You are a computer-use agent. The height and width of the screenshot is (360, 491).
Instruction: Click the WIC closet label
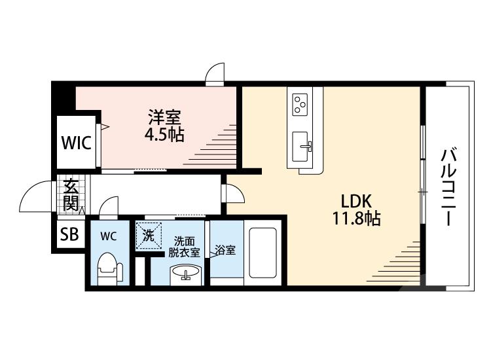(77, 143)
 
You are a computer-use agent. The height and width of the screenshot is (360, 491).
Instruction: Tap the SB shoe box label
(69, 234)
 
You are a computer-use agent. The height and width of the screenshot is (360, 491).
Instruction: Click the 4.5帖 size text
(164, 135)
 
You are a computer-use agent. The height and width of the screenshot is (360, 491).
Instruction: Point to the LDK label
(356, 202)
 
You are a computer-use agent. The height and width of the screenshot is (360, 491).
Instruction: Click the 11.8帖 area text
(356, 219)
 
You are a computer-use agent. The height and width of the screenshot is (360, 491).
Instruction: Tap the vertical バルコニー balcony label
(448, 187)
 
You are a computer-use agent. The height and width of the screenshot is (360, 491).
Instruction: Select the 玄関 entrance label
(71, 195)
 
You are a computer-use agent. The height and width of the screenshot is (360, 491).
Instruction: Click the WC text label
(109, 236)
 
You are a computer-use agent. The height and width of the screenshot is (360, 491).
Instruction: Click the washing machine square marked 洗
(149, 236)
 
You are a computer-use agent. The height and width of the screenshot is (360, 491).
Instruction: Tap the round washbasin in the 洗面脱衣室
(186, 272)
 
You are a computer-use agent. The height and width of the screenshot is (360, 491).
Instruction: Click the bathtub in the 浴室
(263, 253)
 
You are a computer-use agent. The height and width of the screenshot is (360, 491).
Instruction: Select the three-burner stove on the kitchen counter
(300, 105)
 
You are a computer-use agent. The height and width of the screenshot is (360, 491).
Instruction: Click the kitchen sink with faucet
(301, 147)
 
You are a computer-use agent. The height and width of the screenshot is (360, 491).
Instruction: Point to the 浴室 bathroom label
(225, 250)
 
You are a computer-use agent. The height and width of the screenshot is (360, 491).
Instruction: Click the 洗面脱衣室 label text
(184, 247)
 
